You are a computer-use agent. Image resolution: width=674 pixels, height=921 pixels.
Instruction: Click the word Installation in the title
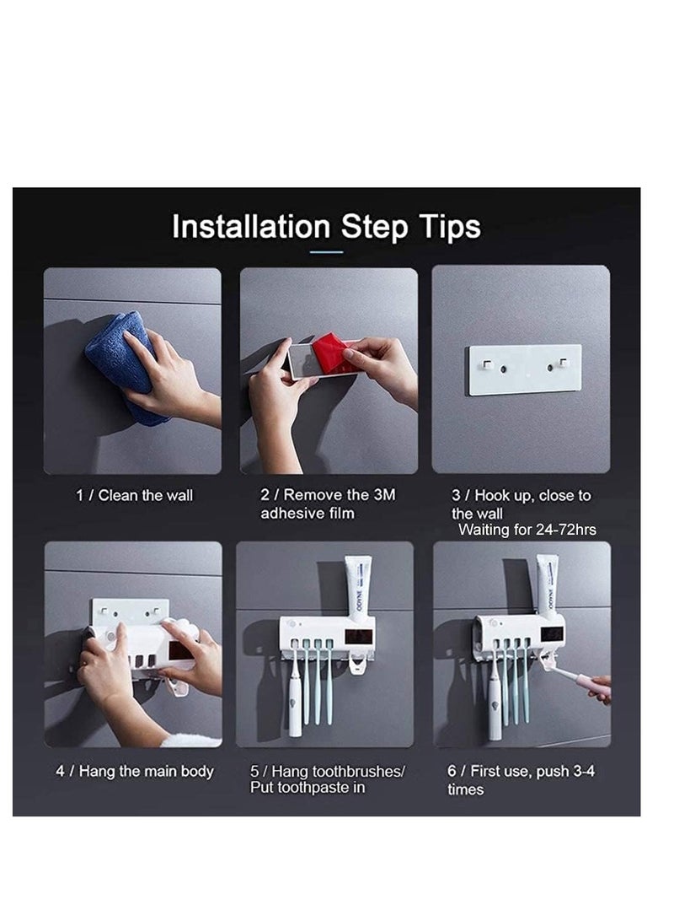250,227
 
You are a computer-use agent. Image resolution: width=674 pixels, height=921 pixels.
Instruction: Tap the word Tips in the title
449,228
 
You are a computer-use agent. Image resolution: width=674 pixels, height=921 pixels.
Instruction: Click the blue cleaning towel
123,364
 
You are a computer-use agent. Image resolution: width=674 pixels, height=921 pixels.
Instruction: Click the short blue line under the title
326,252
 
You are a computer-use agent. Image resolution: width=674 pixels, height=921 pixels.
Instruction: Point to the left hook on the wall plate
487,364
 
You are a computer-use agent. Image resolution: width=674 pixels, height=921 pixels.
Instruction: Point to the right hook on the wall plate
563,363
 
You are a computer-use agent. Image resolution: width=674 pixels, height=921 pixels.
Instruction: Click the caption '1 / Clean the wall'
134,495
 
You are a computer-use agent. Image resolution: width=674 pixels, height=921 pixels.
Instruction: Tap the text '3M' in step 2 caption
383,494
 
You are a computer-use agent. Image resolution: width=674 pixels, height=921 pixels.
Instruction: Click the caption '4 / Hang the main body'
134,771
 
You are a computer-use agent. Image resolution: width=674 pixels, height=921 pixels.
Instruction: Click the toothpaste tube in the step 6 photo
548,587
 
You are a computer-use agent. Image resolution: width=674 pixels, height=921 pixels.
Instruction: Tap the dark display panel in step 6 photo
551,634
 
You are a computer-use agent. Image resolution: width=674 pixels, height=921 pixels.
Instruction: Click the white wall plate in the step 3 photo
524,369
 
